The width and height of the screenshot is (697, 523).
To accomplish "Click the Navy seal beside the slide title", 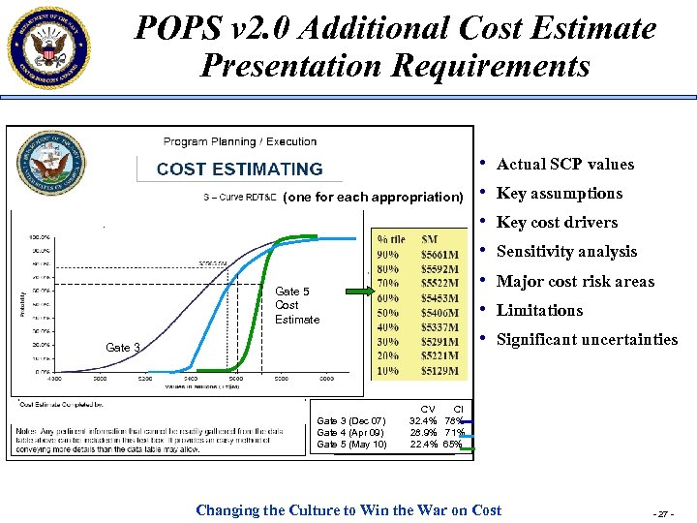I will point(47,46).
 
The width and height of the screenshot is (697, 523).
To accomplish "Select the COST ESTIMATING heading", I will point(239,169).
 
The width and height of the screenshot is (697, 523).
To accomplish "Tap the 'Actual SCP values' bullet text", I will point(564,165).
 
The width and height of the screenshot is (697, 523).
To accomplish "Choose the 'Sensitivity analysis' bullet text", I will point(566,252).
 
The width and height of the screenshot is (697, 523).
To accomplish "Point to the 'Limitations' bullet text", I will point(539,311).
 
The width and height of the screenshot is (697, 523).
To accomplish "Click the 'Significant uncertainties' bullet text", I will point(587,340).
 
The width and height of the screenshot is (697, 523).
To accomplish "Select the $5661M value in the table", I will point(441,256).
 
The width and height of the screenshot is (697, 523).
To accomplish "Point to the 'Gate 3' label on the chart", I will point(123,348).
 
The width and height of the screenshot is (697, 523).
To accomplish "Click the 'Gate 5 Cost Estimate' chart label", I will point(296,305).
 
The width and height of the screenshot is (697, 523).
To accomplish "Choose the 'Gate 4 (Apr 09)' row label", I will point(351,432).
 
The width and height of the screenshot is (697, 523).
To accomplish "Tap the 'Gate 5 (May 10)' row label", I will point(351,445).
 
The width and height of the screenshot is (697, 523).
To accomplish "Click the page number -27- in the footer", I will point(664,511).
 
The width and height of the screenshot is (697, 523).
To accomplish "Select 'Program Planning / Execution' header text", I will point(240,142).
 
